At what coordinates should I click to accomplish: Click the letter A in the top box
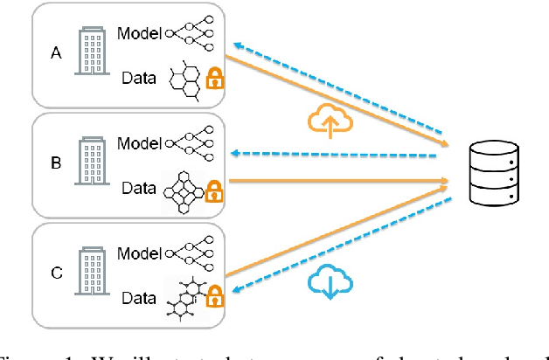(57, 52)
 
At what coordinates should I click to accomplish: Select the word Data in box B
(139, 188)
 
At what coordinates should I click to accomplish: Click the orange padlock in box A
(213, 81)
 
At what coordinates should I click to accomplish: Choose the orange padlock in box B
(213, 190)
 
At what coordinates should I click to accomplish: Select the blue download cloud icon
(329, 282)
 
